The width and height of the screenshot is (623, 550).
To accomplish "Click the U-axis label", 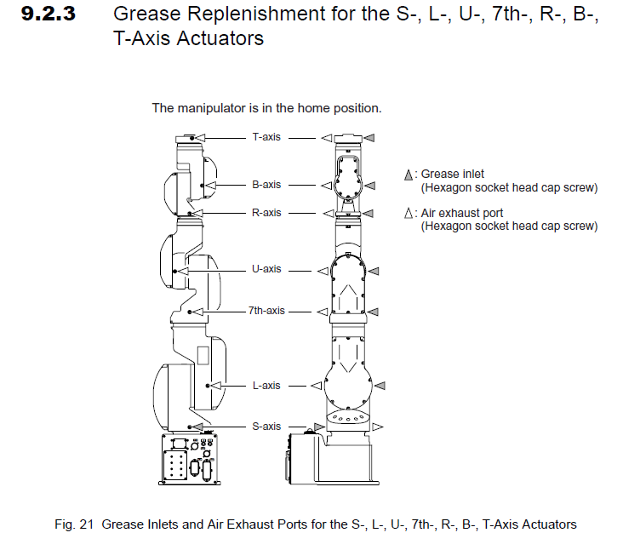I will [x=266, y=269].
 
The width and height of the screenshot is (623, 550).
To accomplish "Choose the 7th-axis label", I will [x=266, y=311].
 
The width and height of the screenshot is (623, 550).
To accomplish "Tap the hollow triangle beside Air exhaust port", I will [x=409, y=214].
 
